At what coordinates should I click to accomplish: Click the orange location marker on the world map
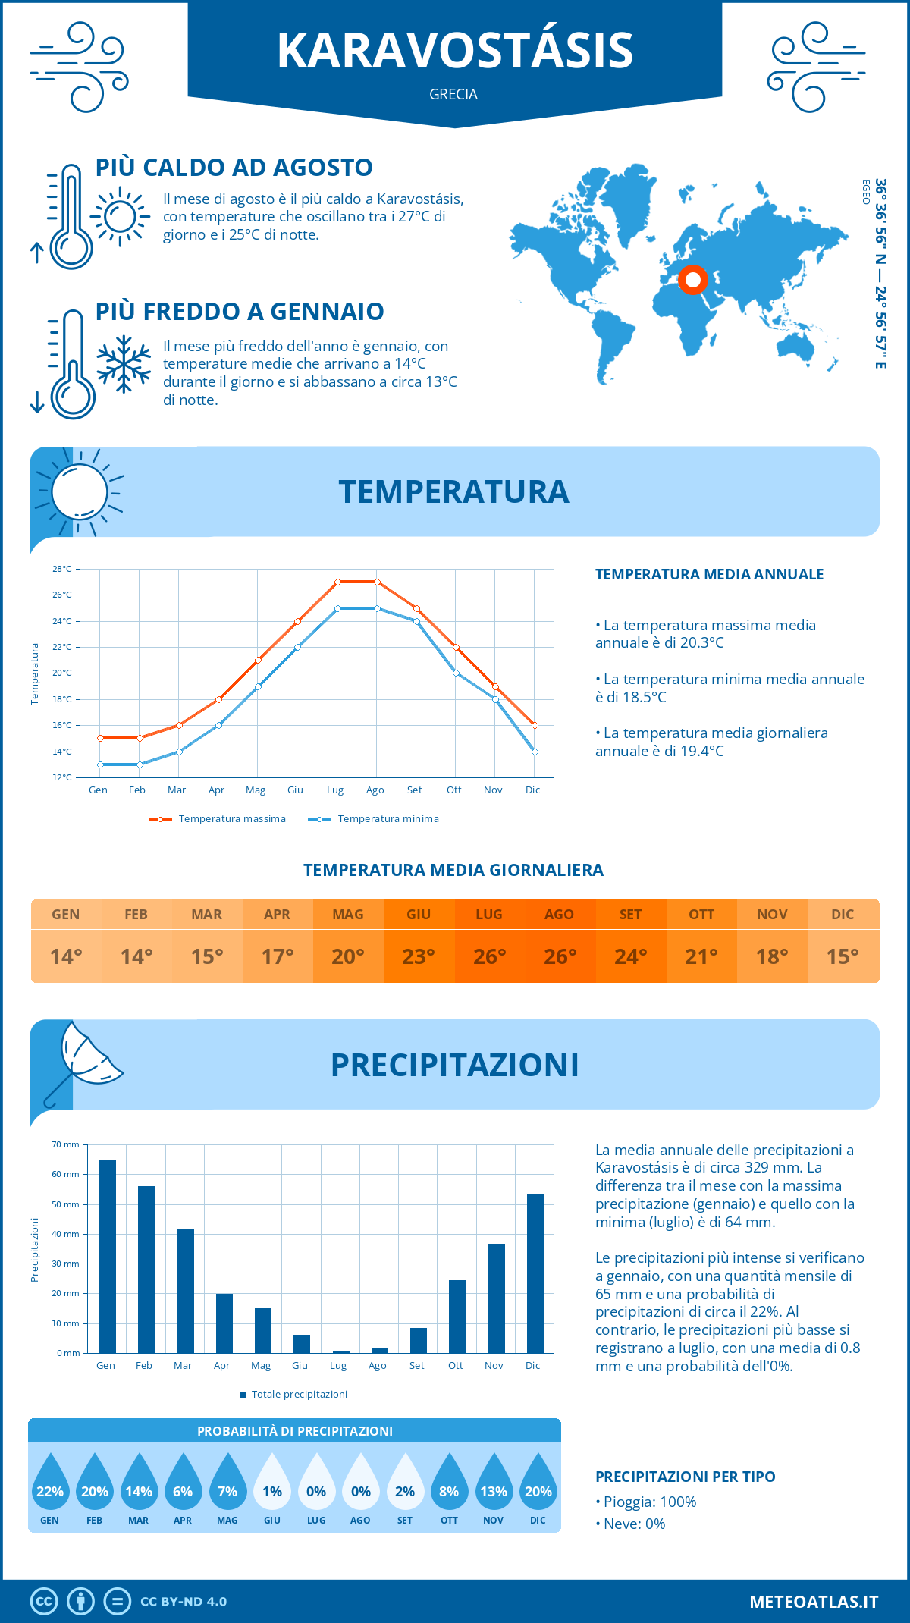point(692,280)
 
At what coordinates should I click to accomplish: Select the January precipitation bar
point(108,1256)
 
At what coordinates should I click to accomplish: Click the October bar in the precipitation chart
point(457,1316)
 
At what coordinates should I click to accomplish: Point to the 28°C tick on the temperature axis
point(62,569)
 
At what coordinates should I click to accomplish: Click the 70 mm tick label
point(65,1144)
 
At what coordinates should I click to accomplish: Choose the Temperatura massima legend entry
point(218,819)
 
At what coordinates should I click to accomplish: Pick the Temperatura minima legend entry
point(374,819)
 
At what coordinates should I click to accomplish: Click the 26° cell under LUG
point(489,956)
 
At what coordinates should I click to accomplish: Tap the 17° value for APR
point(278,956)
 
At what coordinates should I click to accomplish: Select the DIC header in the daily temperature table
point(843,915)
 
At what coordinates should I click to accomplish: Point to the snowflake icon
point(124,364)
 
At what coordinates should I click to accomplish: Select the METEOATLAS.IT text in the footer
point(814,1602)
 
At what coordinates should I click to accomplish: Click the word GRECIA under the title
point(453,94)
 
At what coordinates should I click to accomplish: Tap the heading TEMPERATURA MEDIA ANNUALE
point(709,574)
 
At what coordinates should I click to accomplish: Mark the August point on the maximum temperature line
point(377,582)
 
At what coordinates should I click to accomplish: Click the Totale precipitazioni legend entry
point(293,1394)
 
